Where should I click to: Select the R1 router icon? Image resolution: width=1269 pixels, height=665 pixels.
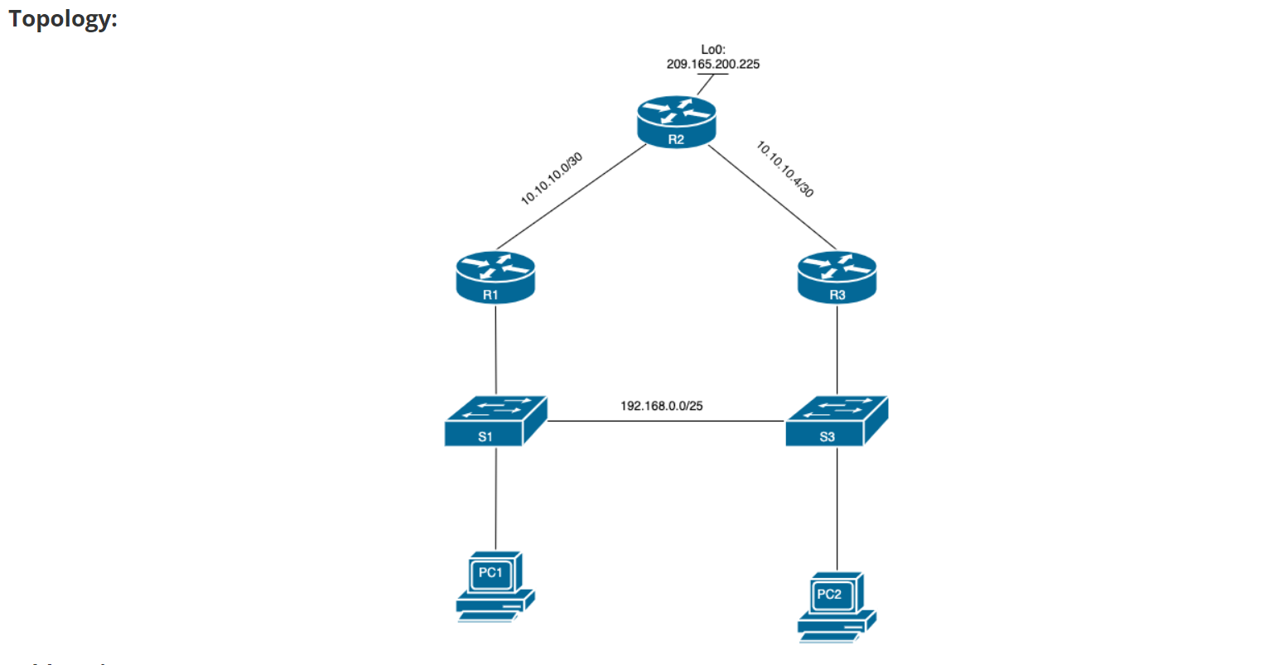(495, 277)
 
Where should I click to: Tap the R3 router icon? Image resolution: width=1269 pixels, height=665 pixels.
(837, 277)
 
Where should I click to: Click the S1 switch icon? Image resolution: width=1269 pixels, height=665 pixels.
(495, 422)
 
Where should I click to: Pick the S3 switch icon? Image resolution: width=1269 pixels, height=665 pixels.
(837, 422)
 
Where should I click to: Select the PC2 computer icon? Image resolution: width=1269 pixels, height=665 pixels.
(836, 606)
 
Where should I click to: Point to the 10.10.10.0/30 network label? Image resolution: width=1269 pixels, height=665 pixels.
(552, 179)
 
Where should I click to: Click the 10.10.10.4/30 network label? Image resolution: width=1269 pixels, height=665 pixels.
(784, 169)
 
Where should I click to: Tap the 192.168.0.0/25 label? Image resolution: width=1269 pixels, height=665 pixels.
(661, 406)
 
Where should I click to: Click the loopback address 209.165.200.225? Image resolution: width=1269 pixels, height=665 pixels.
(712, 64)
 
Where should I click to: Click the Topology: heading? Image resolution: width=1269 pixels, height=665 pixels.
(63, 18)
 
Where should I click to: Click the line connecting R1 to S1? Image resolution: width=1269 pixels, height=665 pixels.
(495, 348)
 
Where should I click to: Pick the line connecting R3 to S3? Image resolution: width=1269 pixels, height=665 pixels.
(837, 348)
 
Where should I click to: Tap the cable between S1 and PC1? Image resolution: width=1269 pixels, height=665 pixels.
(495, 497)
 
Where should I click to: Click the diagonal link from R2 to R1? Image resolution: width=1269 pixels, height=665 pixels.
(572, 197)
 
